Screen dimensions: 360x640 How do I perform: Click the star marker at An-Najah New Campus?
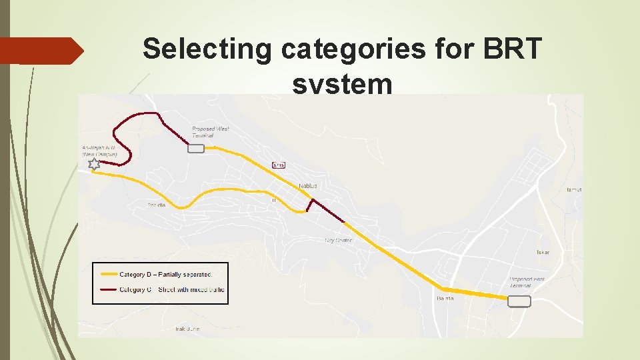94,163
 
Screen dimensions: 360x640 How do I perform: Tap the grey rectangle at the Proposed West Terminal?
196,149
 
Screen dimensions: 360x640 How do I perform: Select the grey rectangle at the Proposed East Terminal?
519,302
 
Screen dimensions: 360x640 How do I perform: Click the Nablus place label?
308,185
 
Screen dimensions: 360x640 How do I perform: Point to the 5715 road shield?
279,165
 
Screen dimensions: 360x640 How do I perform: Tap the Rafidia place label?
156,205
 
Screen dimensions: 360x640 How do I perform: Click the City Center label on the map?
338,240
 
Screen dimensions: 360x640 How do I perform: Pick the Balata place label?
445,298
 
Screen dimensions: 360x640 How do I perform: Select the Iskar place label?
543,253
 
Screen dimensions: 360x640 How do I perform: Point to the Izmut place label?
574,190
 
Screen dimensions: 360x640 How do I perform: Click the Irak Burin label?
187,329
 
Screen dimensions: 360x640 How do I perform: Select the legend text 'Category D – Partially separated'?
165,274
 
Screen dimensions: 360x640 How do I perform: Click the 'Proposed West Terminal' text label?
211,132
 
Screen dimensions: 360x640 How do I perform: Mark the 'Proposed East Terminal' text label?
527,282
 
